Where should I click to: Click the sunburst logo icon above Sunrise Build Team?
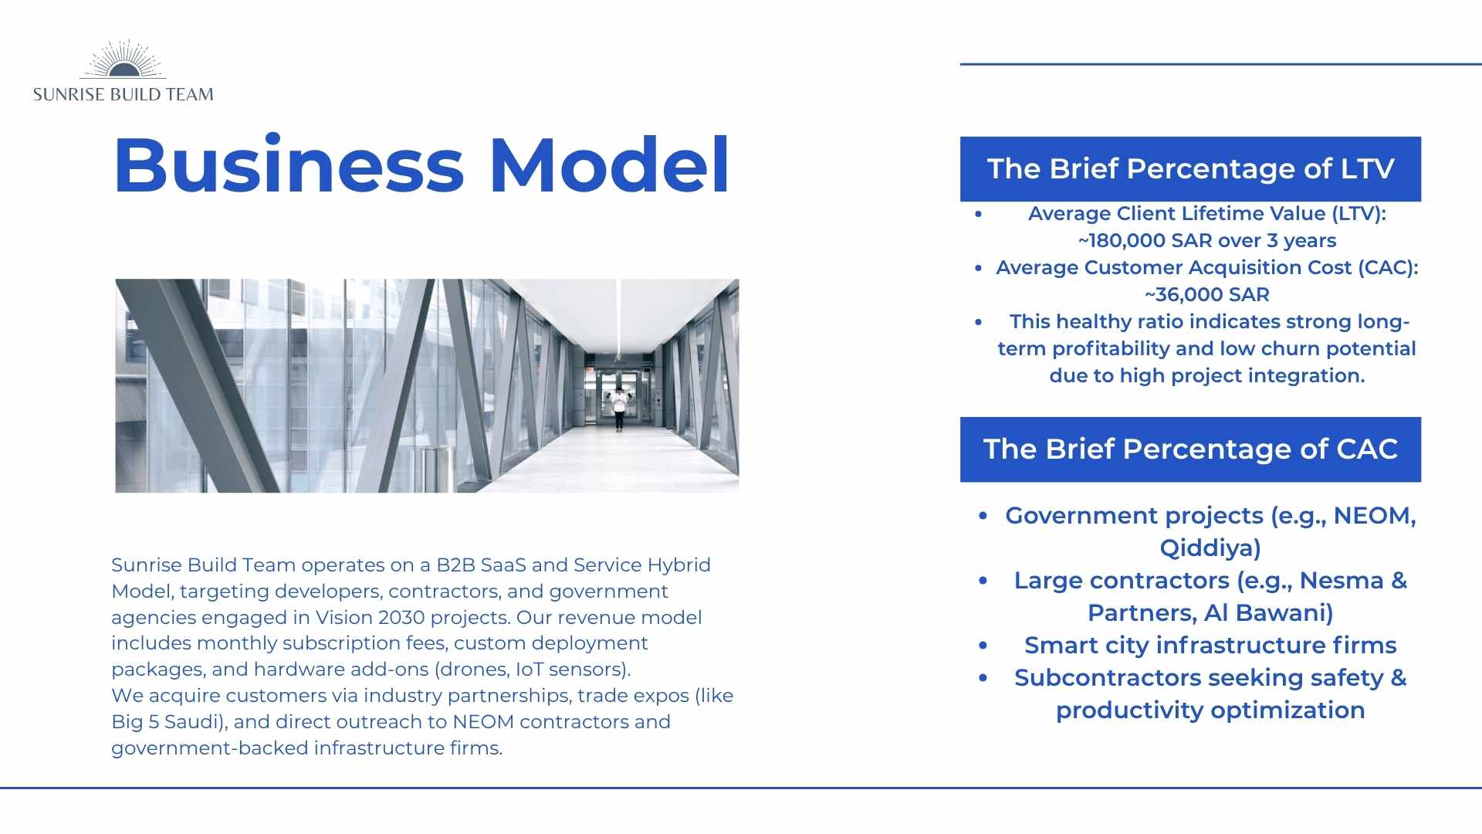point(123,59)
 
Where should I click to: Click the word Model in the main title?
point(610,165)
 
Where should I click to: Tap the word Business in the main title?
point(289,165)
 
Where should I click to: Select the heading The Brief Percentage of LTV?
point(1190,169)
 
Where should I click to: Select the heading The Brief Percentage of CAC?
point(1190,449)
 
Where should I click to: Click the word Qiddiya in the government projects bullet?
point(1210,548)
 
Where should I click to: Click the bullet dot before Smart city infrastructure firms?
point(983,646)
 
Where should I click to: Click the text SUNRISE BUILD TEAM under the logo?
point(123,95)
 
